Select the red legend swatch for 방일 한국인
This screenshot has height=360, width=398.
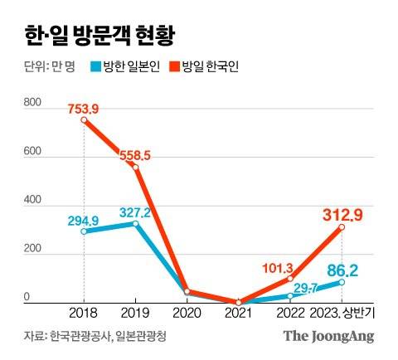tap(174, 68)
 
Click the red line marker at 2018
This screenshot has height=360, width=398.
tap(84, 119)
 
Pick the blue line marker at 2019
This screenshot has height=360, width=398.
tap(135, 224)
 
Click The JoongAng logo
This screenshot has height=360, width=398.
tap(328, 336)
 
